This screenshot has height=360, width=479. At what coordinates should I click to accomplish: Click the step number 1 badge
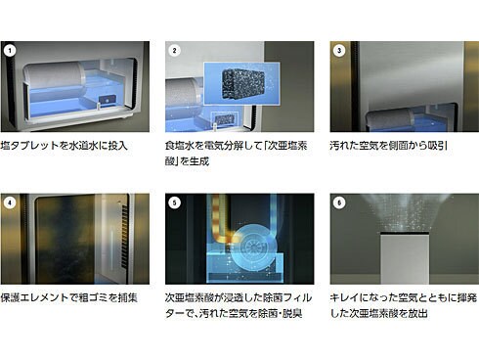10,49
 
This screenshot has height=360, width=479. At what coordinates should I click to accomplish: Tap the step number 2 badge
174,49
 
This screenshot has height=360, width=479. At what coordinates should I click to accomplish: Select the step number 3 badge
338,49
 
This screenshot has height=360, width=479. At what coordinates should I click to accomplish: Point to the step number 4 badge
10,202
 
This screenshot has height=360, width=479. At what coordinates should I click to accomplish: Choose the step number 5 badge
174,202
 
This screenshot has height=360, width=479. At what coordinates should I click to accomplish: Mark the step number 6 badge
338,202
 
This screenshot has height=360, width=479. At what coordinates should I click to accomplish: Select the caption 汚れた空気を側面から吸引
390,146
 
